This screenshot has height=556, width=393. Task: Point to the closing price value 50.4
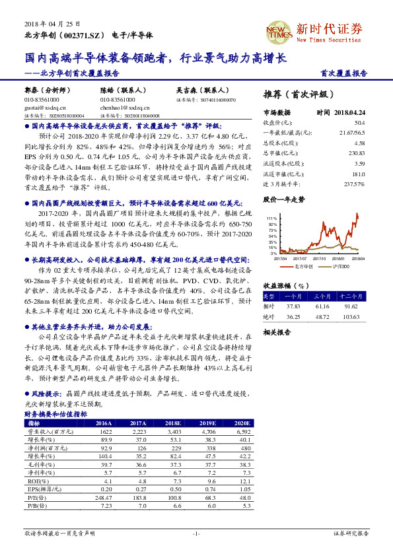(359, 122)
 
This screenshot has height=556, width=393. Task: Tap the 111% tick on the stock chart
(272, 217)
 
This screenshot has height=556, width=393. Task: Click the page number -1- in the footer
(196, 533)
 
